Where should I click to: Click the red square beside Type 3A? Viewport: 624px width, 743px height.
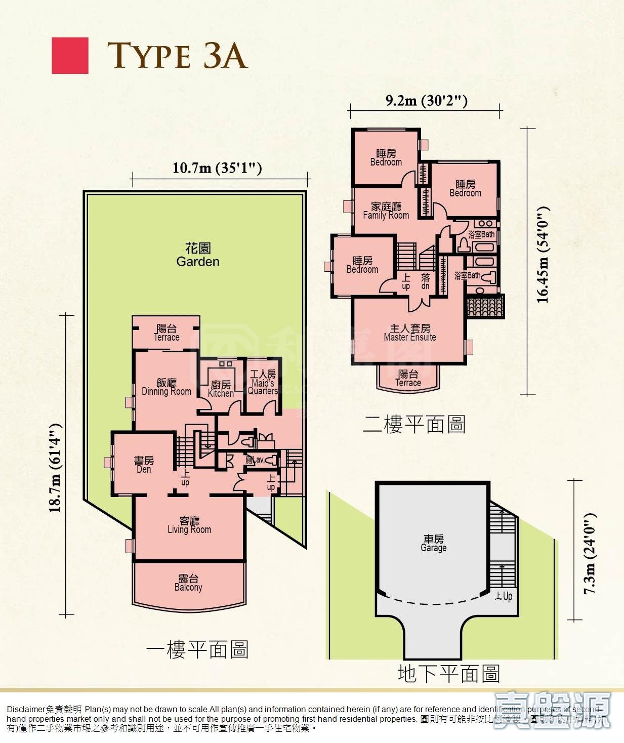tap(70, 56)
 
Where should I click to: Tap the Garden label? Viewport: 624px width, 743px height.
tap(198, 255)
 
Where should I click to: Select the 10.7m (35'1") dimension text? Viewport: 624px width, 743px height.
tap(217, 168)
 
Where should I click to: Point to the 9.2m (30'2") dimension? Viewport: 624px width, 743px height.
tap(426, 100)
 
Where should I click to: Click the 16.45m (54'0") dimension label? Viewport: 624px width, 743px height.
tap(543, 255)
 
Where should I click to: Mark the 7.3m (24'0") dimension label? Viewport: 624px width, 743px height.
tap(590, 553)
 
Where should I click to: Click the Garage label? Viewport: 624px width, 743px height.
tap(434, 543)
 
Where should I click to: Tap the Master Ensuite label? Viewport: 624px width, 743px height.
tap(410, 333)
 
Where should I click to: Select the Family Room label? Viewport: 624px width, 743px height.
tap(386, 211)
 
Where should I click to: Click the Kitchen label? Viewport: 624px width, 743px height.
tap(221, 389)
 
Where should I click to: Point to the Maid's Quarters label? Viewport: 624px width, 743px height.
tap(263, 382)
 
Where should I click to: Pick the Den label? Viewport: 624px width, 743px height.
tap(144, 465)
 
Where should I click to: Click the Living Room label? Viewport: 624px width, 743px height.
tap(189, 525)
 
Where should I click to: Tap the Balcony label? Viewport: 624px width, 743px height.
tap(188, 583)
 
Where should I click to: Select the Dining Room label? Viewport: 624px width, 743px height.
tap(167, 387)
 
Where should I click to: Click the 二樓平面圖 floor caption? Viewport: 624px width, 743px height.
tap(414, 424)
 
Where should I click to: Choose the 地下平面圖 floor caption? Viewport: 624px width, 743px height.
tap(448, 674)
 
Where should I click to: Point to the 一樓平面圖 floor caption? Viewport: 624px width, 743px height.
tap(197, 649)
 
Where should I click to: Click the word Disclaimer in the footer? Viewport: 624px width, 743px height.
tap(26, 710)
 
